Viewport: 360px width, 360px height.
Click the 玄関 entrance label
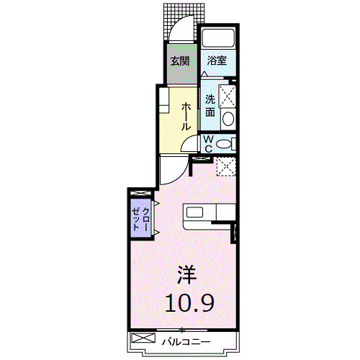pyautogui.click(x=180, y=61)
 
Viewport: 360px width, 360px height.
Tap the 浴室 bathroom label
pyautogui.click(x=217, y=60)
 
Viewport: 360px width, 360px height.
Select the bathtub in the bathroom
pyautogui.click(x=218, y=38)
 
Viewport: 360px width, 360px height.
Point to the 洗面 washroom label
pyautogui.click(x=210, y=106)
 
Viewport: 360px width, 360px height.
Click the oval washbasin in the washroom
pyautogui.click(x=228, y=119)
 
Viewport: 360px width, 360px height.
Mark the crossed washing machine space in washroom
pyautogui.click(x=227, y=96)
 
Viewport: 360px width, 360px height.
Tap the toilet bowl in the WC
pyautogui.click(x=224, y=144)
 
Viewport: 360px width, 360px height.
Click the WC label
pyautogui.click(x=208, y=144)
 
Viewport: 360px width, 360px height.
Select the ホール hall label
pyautogui.click(x=186, y=117)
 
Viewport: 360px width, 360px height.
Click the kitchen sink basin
pyautogui.click(x=194, y=212)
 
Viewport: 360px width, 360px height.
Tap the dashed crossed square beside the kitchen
pyautogui.click(x=227, y=166)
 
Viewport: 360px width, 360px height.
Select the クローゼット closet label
pyautogui.click(x=140, y=219)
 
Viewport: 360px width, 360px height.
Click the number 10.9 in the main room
pyautogui.click(x=189, y=303)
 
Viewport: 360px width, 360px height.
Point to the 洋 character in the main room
pyautogui.click(x=187, y=275)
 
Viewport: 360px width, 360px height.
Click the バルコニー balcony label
pyautogui.click(x=186, y=342)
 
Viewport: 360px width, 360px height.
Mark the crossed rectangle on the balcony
pyautogui.click(x=143, y=338)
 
